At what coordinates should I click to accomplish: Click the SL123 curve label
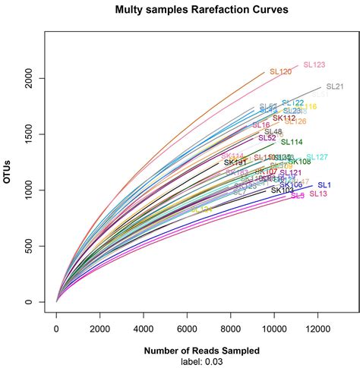(x=314, y=65)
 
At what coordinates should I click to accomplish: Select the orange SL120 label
(x=280, y=72)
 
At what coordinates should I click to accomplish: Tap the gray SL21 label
(x=334, y=86)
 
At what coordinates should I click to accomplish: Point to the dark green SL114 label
(x=292, y=142)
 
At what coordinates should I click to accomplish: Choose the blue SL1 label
(x=324, y=185)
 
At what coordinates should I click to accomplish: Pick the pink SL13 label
(x=318, y=194)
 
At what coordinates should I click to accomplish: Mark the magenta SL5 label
(x=298, y=196)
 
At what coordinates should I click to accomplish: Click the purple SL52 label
(x=267, y=138)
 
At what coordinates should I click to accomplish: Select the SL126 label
(x=295, y=121)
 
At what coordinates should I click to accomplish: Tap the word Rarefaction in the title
(x=198, y=11)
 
